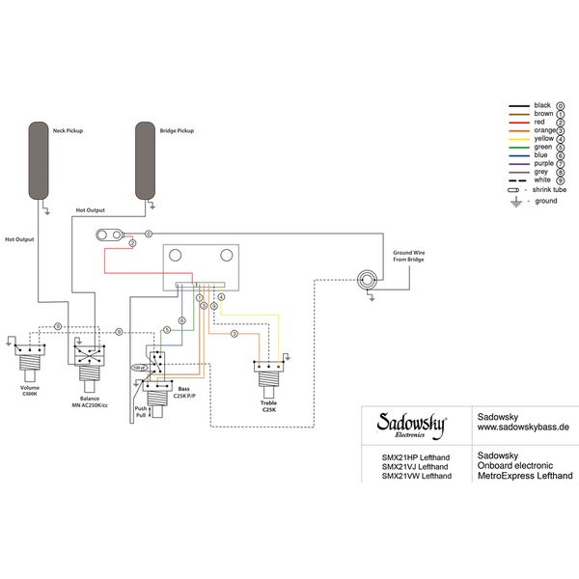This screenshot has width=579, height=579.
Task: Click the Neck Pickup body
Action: pos(39,159)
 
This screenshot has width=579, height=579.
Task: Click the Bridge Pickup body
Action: pos(146,159)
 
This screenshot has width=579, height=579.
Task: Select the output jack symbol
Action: pos(367,280)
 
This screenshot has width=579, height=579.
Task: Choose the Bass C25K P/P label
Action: pos(182,392)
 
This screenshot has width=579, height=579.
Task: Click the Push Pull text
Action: pos(141,412)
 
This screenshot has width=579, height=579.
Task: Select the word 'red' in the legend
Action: pos(539,122)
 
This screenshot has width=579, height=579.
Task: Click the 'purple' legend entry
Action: pos(543,163)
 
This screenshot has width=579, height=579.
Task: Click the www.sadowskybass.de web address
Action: pos(522,424)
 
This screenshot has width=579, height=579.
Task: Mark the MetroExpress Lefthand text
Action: pos(525,475)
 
